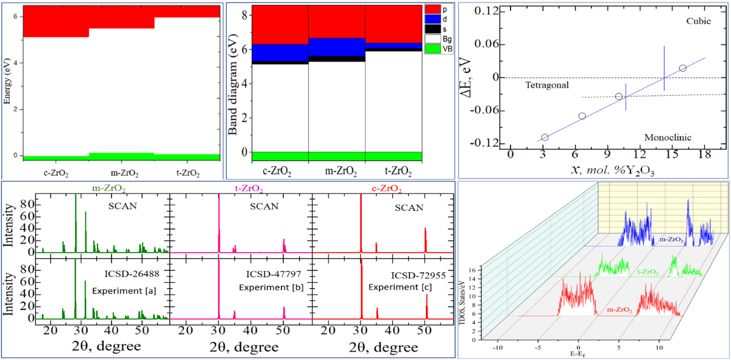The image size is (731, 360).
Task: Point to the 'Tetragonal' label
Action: tap(546, 85)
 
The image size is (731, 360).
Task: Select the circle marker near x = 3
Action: tap(545, 138)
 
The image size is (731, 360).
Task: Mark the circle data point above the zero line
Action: tap(682, 68)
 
